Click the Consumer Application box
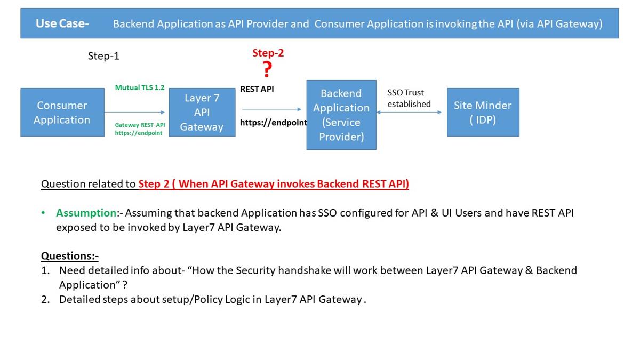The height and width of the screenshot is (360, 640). (62, 113)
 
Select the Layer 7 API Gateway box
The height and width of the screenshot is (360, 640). (202, 113)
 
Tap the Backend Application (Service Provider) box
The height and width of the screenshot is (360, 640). (341, 115)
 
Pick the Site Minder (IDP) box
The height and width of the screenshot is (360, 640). (483, 113)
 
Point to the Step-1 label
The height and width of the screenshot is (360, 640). (103, 56)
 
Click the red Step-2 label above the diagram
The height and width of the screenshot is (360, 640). (268, 53)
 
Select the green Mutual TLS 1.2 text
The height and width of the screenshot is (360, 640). (140, 87)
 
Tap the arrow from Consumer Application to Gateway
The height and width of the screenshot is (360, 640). (135, 113)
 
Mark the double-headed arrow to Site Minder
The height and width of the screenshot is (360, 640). (409, 113)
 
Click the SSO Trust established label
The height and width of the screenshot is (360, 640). (409, 98)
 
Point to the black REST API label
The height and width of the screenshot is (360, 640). (257, 89)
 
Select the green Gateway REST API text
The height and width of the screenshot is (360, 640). (140, 125)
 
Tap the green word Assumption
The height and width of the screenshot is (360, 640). (86, 213)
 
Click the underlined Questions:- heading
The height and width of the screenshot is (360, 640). (70, 255)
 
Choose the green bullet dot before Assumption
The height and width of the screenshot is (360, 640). (43, 213)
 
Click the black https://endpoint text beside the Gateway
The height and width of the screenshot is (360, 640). (273, 123)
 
